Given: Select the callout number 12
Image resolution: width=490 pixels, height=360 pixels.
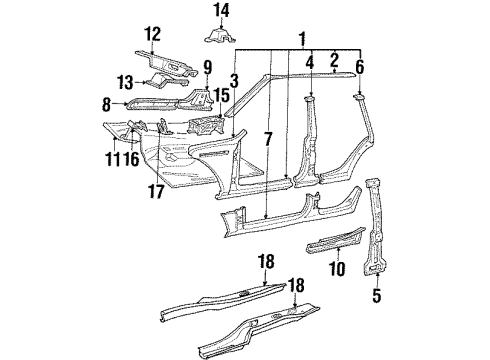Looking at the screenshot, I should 152,35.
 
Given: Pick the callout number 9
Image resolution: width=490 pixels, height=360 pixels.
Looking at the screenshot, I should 207,69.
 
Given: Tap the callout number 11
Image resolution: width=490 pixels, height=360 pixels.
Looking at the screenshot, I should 112,158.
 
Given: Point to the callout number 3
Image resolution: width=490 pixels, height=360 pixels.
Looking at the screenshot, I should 233,79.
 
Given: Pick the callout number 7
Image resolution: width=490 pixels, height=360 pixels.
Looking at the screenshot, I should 267,134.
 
